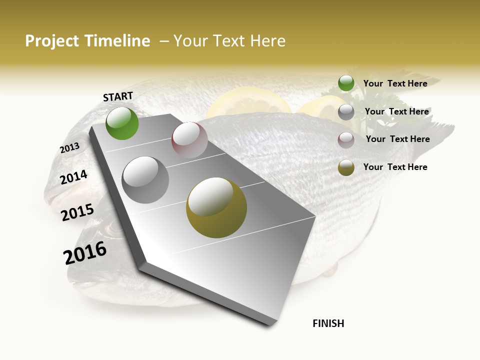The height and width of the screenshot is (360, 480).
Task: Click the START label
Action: tap(118, 96)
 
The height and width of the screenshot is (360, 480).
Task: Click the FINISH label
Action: tap(328, 323)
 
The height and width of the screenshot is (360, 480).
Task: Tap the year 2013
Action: tap(69, 147)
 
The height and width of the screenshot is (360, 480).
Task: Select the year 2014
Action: tap(73, 177)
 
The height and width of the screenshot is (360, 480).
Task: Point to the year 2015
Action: tap(77, 212)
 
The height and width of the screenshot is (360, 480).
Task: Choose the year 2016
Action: tap(85, 252)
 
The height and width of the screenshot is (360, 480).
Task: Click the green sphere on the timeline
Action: tap(122, 123)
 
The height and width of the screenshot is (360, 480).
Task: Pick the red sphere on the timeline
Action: tap(189, 139)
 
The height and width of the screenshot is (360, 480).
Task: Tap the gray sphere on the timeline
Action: tap(145, 179)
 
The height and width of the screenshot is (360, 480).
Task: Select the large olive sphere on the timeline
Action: tap(216, 207)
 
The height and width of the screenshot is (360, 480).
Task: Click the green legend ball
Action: tap(346, 83)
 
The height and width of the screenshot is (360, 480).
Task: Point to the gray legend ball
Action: tap(346, 112)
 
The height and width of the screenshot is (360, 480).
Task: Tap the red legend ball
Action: tap(346, 140)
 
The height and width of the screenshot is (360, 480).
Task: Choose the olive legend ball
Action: tap(346, 167)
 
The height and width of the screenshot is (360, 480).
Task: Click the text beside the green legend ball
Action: tap(395, 83)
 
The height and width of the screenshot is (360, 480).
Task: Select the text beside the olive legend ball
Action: tap(395, 167)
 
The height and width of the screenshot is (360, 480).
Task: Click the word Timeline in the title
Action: tap(117, 41)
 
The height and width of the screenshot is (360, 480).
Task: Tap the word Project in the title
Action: tap(52, 41)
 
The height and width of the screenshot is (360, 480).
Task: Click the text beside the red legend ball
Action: tap(397, 139)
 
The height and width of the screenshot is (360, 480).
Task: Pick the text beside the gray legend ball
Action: tap(396, 111)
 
